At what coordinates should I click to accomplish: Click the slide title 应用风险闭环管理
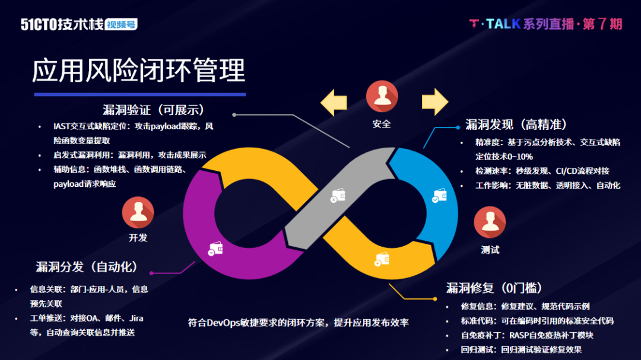[x=138, y=71]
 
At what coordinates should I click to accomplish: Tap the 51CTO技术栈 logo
[x=62, y=24]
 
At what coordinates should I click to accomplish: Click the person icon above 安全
[x=382, y=97]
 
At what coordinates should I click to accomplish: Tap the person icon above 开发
[x=138, y=212]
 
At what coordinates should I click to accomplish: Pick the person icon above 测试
[x=490, y=222]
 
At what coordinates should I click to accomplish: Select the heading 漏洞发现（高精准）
[x=516, y=125]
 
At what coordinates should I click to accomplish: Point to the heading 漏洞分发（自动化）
[x=87, y=267]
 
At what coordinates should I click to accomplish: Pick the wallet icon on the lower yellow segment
[x=382, y=259]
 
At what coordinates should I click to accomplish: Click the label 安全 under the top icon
[x=382, y=124]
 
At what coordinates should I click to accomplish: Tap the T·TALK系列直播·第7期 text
[x=545, y=24]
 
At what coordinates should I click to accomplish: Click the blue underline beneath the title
[x=139, y=94]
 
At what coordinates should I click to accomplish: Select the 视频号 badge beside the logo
[x=121, y=25]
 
